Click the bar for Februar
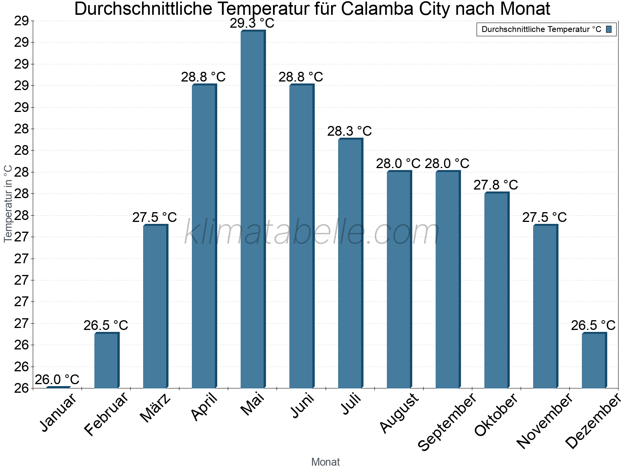pos(106,360)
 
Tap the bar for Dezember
pos(594,360)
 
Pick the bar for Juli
pos(350,263)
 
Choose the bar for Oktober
pos(496,290)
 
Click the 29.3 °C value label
pos(252,23)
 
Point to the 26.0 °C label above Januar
pos(57,379)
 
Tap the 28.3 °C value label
pos(349,131)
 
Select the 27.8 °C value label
pos(496,185)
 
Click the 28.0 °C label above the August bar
pos(398,163)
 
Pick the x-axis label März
pos(156,408)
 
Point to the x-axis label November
pos(545,420)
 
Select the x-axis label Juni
pos(303,405)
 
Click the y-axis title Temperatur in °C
pos(8,204)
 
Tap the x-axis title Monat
pos(326,462)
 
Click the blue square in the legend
pos(609,29)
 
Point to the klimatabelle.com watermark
pos(312,232)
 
